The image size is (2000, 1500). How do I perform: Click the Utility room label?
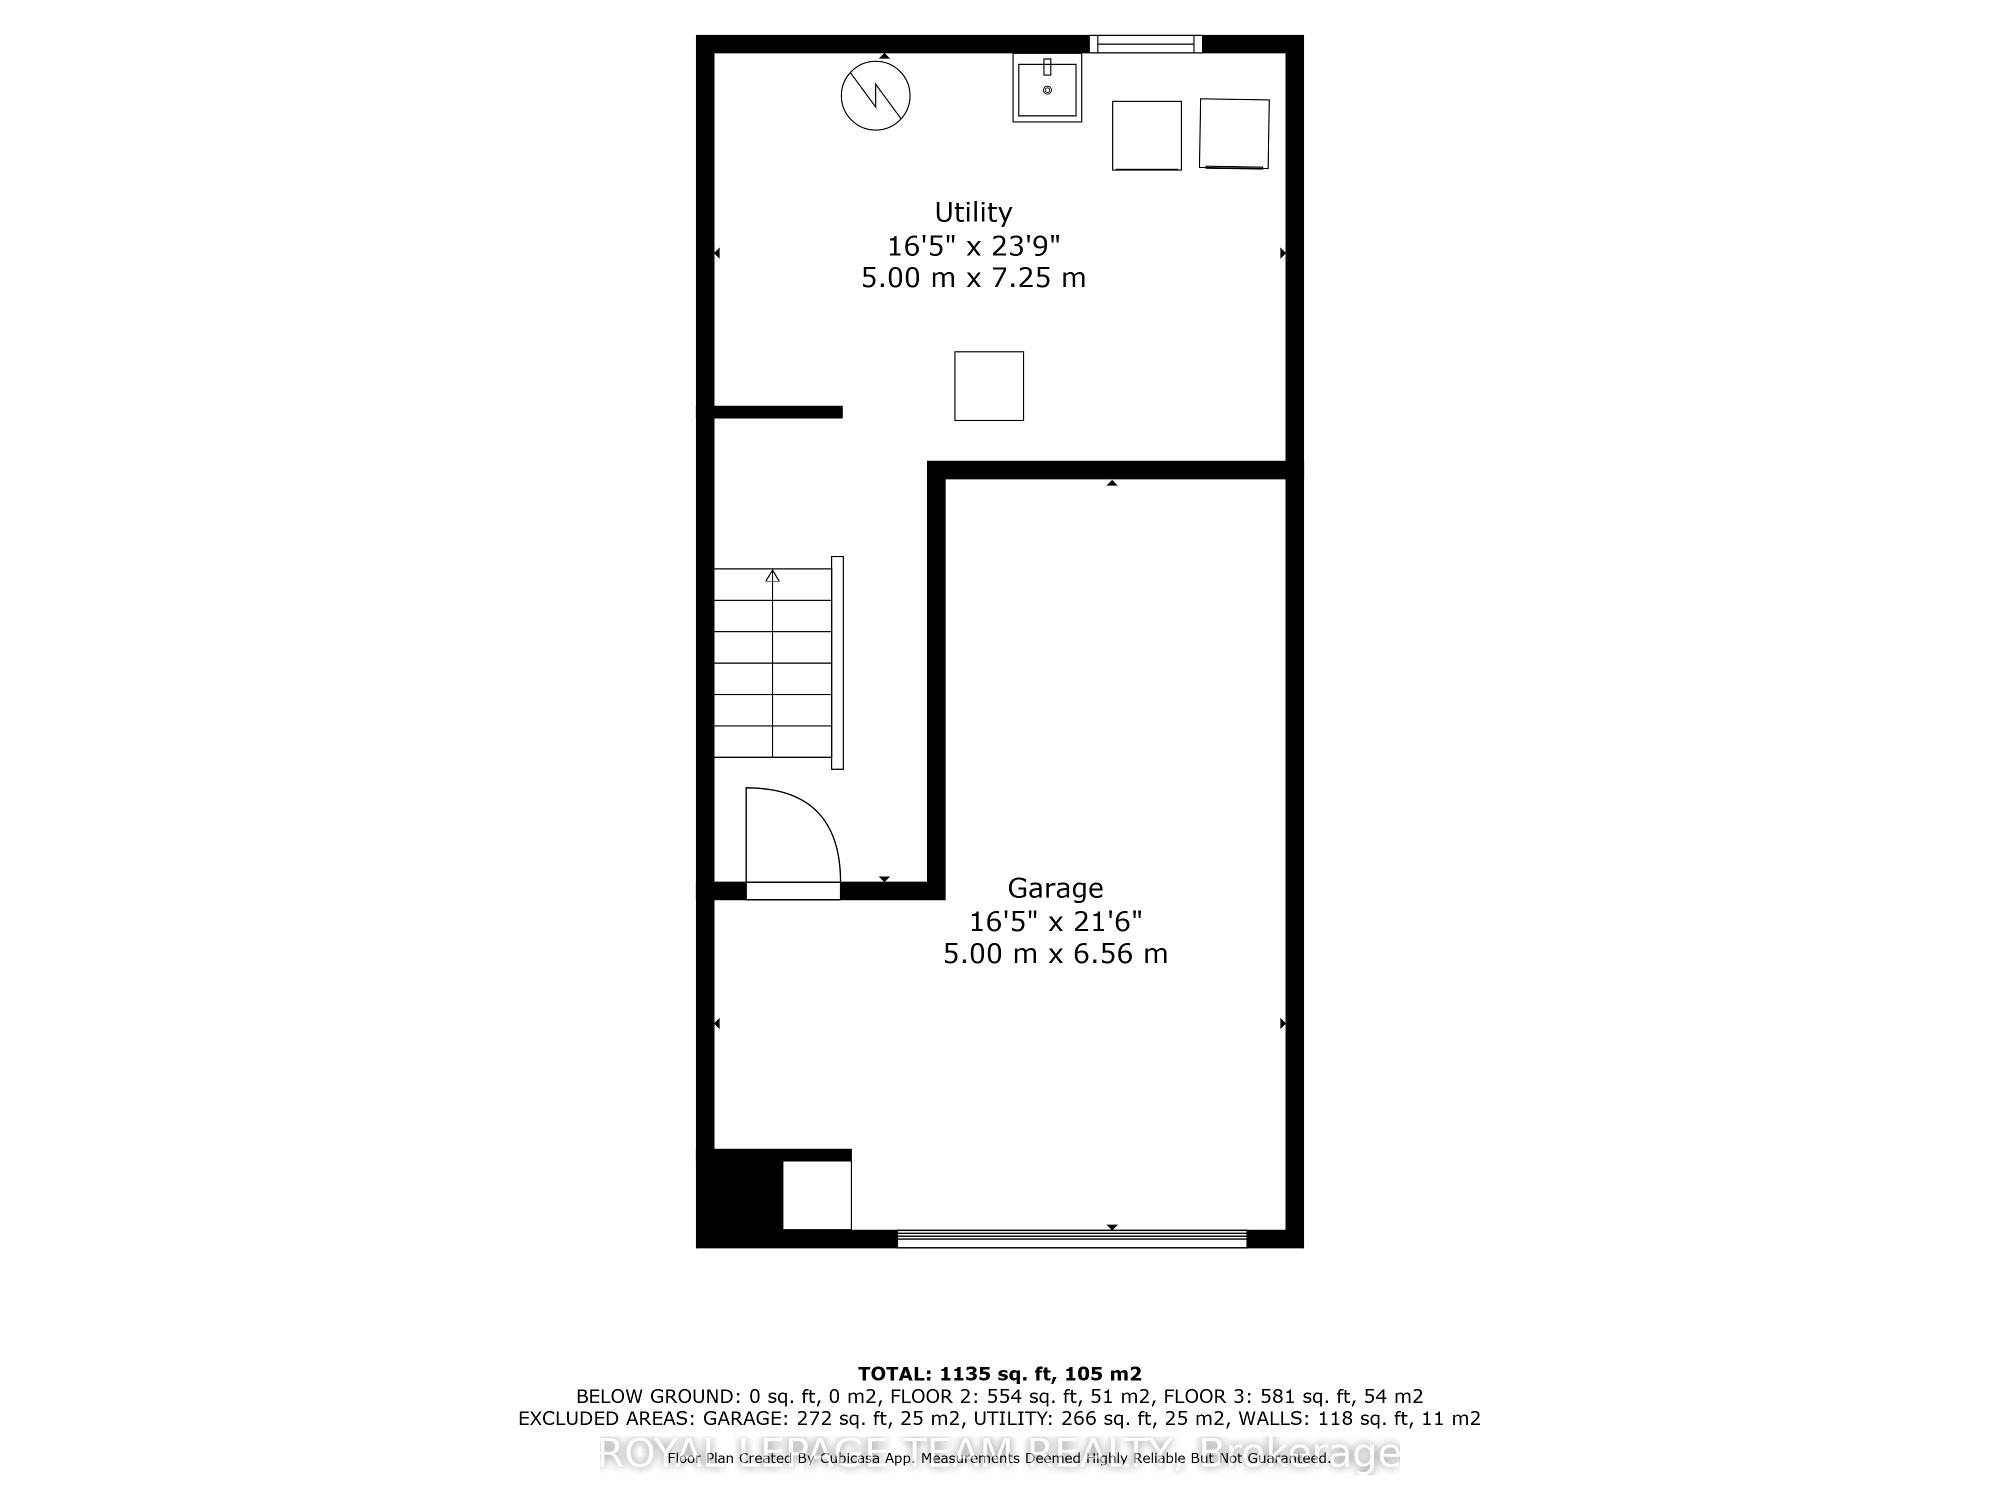(x=973, y=212)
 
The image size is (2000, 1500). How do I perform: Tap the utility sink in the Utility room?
(x=1047, y=87)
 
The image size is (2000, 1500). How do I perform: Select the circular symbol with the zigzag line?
(x=875, y=95)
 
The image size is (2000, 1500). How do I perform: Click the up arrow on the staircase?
(x=772, y=576)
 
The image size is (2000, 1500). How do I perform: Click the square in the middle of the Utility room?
(x=989, y=386)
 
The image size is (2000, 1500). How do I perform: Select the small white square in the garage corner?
(x=816, y=1195)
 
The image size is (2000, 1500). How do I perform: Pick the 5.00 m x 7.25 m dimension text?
(x=973, y=277)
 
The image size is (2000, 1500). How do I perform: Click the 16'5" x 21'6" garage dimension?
(x=1055, y=921)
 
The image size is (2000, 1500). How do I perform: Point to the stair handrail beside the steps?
(x=837, y=662)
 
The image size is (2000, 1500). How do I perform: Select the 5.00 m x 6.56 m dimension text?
(x=1055, y=954)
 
